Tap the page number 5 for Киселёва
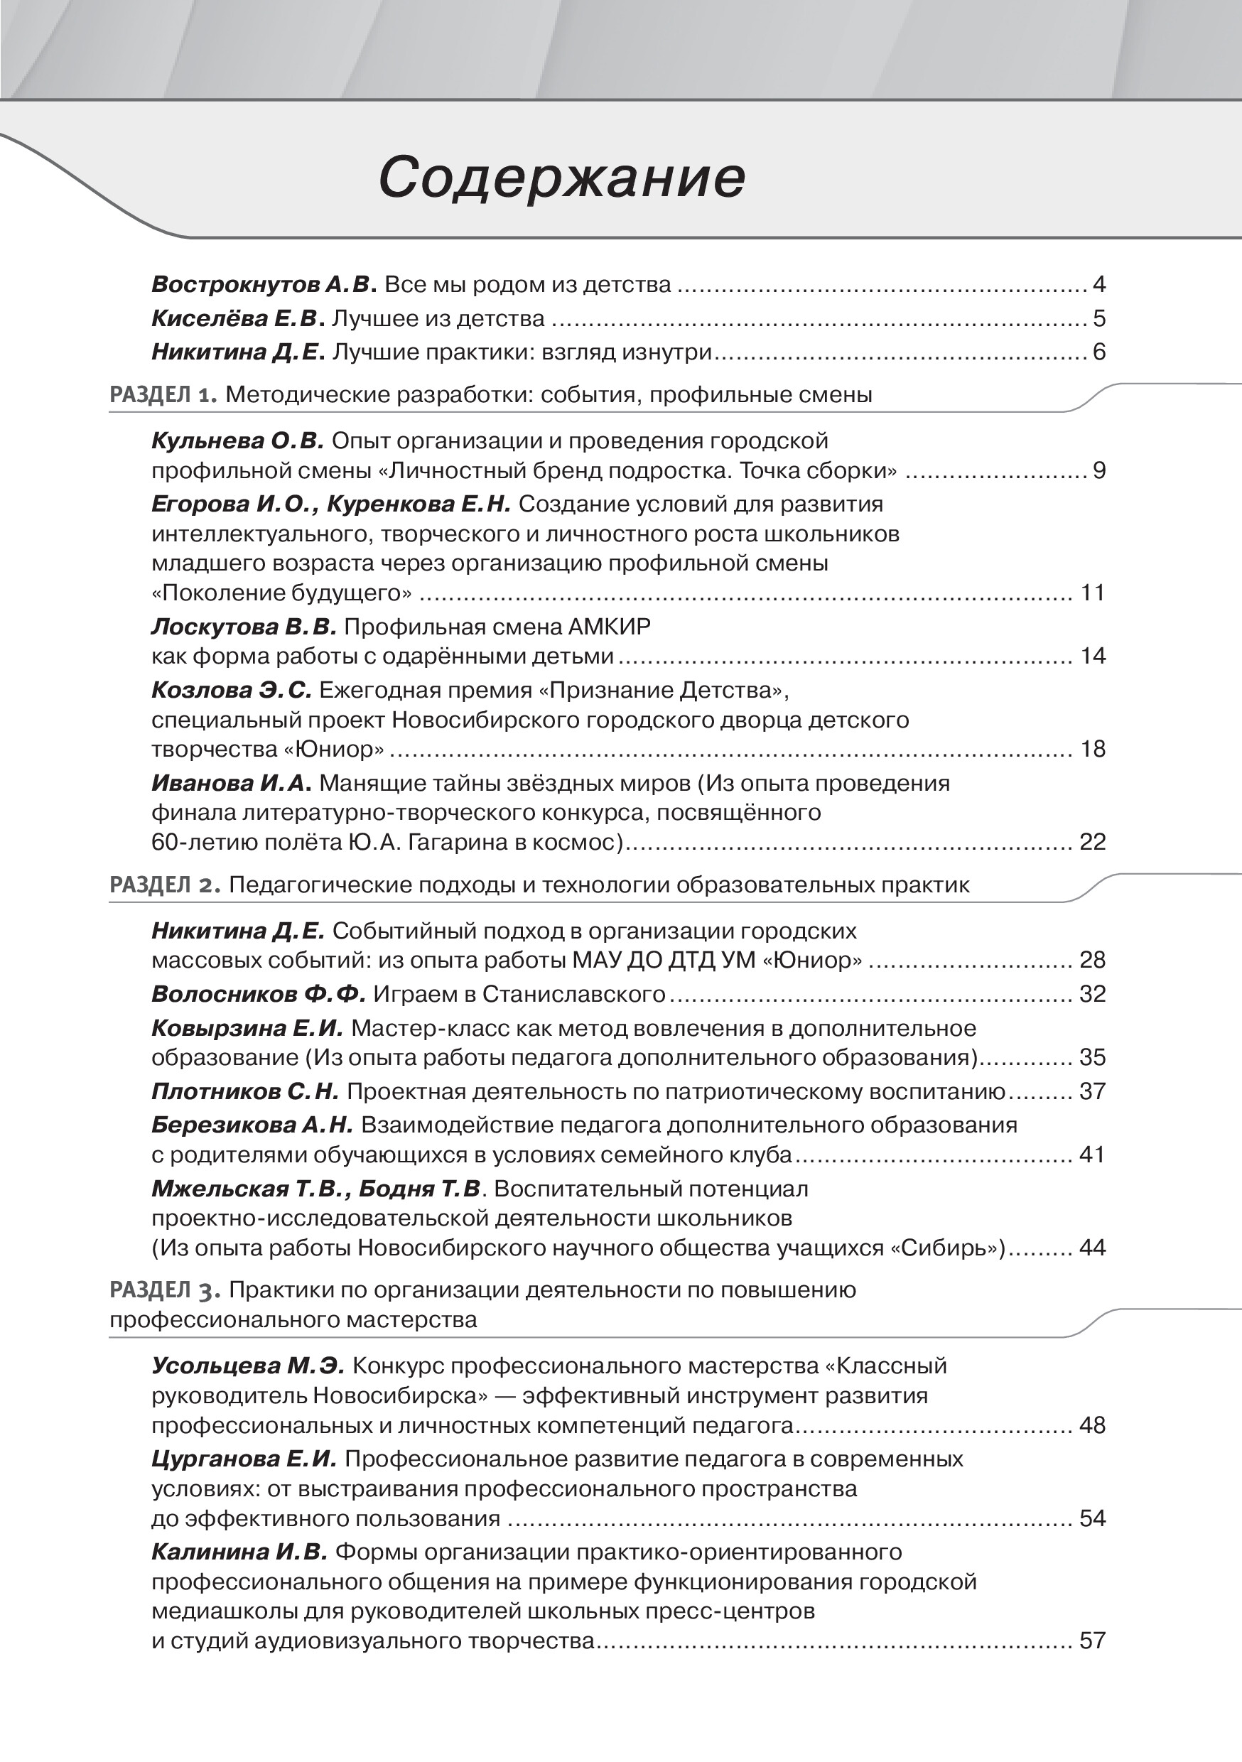[1098, 318]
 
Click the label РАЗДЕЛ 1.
[164, 395]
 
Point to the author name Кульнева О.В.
[239, 441]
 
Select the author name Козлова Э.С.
[231, 691]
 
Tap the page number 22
[1092, 842]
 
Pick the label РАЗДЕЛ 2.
[165, 885]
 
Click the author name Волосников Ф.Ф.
[259, 994]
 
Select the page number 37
[1092, 1091]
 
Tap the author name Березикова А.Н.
[252, 1125]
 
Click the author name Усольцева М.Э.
[249, 1366]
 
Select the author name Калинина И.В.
[239, 1552]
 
